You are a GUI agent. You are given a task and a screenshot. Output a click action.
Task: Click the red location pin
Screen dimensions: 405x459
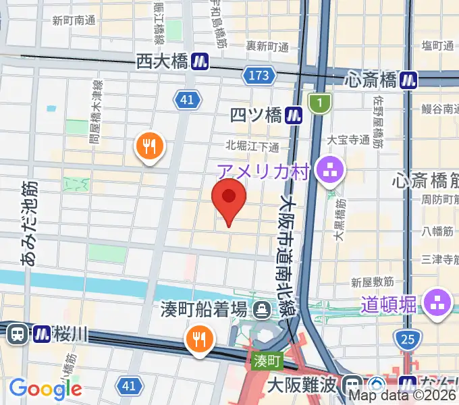229,197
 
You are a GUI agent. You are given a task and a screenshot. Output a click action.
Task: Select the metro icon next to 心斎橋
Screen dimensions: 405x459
408,80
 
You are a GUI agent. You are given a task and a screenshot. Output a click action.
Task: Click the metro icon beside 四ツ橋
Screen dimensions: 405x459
293,115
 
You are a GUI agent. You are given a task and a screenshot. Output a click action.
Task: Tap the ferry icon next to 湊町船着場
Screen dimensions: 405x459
260,310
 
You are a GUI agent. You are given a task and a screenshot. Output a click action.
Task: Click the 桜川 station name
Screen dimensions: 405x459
70,333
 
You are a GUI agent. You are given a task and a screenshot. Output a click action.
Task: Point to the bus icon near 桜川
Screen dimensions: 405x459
18,333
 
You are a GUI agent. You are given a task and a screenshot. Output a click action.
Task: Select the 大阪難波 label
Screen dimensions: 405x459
301,386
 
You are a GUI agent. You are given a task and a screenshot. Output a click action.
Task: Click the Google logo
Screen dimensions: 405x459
45,388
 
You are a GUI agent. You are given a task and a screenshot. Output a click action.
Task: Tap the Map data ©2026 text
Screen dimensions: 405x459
403,396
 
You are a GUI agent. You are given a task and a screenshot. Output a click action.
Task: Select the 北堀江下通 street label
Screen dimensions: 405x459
252,146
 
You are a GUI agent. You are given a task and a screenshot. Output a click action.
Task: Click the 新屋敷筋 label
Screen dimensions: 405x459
372,281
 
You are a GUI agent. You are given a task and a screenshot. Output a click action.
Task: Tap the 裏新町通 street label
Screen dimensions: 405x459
267,47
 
